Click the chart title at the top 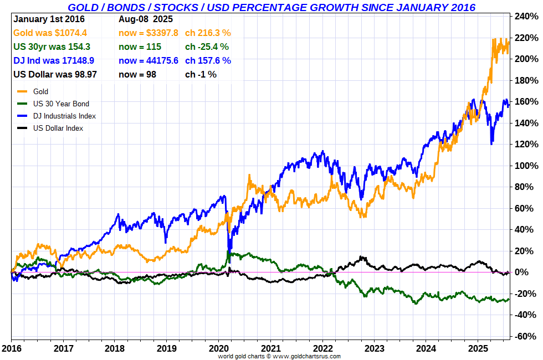coord(271,7)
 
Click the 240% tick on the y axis coord(526,16)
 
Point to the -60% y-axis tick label coord(525,336)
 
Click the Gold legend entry coord(40,91)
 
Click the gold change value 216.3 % coord(208,33)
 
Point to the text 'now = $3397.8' coord(148,33)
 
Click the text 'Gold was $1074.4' coord(50,33)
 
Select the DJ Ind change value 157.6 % coord(208,60)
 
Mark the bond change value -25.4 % coord(207,47)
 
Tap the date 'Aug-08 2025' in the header coord(146,19)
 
